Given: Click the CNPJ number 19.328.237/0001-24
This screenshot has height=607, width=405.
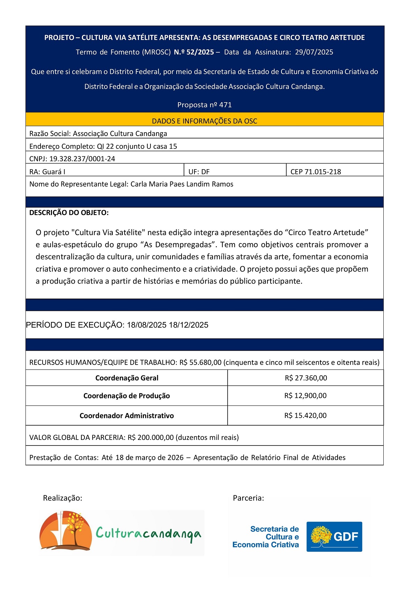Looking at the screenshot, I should click(x=82, y=159).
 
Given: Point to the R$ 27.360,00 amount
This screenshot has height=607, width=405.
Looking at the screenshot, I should click(x=306, y=378).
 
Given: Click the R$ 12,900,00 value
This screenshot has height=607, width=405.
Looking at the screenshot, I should click(x=305, y=396).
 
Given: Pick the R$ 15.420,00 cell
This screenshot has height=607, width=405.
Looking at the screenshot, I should click(x=305, y=415).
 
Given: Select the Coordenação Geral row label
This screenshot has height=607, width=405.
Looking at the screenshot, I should click(x=127, y=378).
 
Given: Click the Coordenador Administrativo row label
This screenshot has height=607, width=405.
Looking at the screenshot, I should click(x=127, y=415).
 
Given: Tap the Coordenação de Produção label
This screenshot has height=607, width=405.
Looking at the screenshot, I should click(x=127, y=396).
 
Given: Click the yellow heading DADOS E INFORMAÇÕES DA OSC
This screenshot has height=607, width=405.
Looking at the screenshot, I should click(x=205, y=121).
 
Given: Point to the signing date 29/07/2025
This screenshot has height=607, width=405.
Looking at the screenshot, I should click(x=314, y=52).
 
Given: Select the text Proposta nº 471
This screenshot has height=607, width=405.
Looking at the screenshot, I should click(x=205, y=105).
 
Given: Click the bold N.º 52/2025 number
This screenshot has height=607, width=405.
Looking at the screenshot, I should click(x=194, y=52).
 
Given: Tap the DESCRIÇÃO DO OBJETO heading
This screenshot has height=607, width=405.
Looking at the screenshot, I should click(x=69, y=213).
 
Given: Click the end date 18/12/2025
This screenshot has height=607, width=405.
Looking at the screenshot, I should click(x=189, y=325).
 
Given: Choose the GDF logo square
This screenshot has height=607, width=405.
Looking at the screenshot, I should click(x=334, y=537).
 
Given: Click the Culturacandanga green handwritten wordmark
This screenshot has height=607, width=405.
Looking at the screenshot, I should click(x=148, y=534).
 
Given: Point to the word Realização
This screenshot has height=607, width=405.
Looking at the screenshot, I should click(x=62, y=498).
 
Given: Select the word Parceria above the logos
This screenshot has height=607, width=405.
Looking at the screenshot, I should click(x=248, y=498).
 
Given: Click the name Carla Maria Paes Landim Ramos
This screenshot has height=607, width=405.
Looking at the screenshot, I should click(x=182, y=184).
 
